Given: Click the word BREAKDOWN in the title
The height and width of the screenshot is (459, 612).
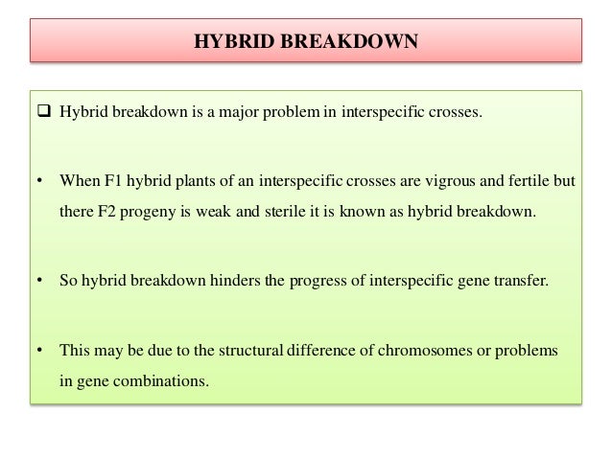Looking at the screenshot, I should click(x=369, y=41).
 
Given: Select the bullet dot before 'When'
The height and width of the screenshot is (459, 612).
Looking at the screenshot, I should click(x=39, y=179).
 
